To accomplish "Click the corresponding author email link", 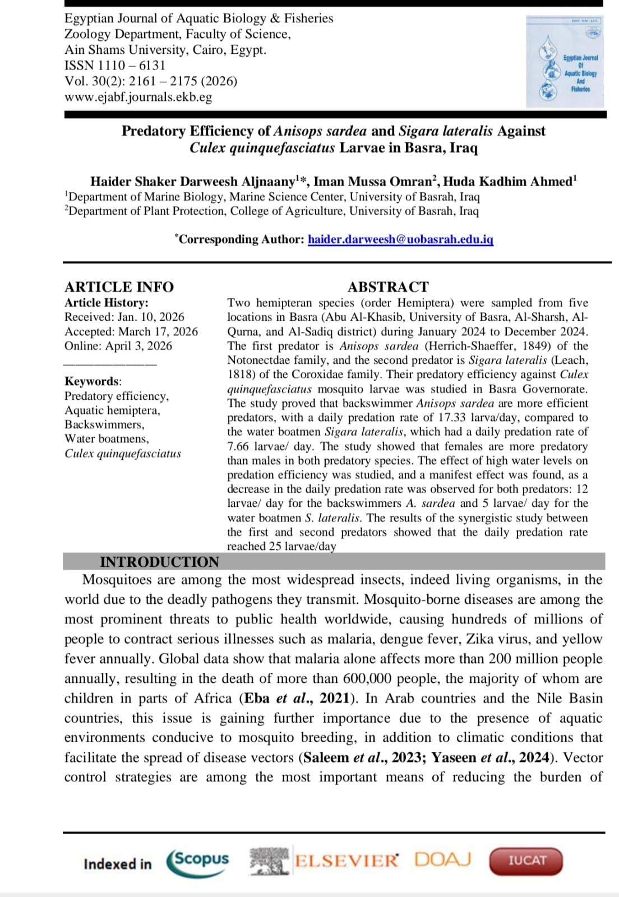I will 400,239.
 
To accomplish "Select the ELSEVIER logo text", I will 346,861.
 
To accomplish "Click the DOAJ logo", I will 443,859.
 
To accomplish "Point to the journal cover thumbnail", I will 565,62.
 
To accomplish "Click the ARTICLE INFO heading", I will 119,287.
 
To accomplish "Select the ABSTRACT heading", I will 388,287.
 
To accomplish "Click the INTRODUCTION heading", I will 159,562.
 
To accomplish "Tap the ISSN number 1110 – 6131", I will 132,66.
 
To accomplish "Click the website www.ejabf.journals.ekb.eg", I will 138,97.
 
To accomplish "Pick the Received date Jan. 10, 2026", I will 150,317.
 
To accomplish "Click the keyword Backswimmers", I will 104,424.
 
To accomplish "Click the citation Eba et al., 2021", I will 298,699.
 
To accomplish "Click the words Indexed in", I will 117,864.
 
